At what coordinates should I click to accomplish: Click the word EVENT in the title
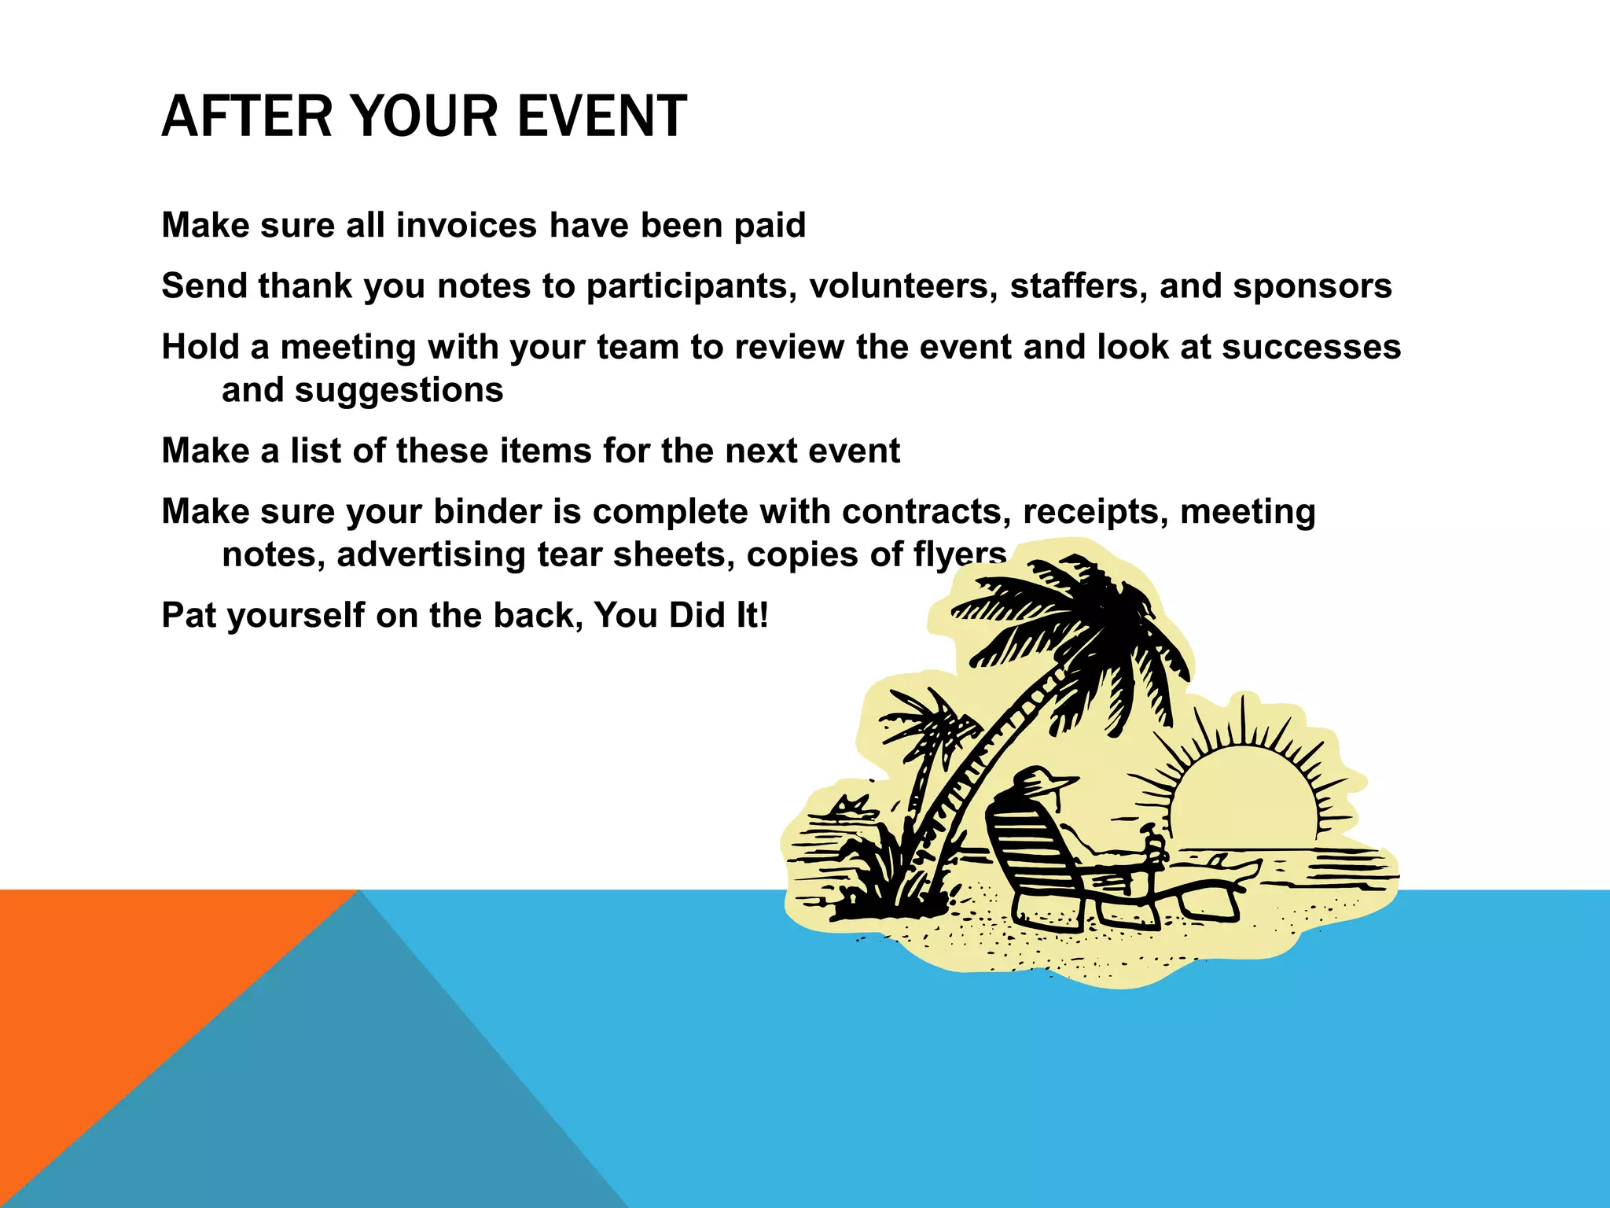coord(601,116)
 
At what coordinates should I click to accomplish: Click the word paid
coord(770,226)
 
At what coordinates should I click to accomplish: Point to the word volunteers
coord(903,286)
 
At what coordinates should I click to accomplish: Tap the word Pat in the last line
coord(188,616)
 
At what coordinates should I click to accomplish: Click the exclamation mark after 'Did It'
coord(763,616)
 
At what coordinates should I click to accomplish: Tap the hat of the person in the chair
coord(1042,780)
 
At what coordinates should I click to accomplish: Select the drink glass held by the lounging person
coord(1155,849)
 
